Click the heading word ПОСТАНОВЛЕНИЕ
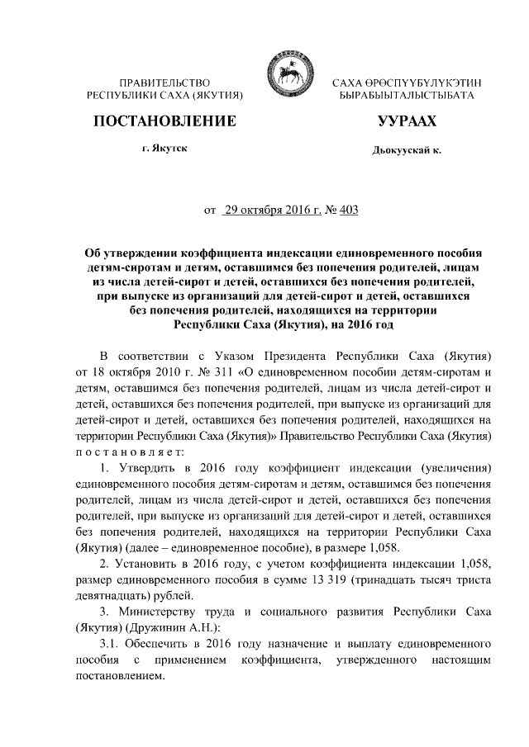pos(164,121)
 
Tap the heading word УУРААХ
pos(405,121)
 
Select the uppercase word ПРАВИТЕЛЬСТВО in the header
pos(164,83)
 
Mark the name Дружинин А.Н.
pos(158,626)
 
